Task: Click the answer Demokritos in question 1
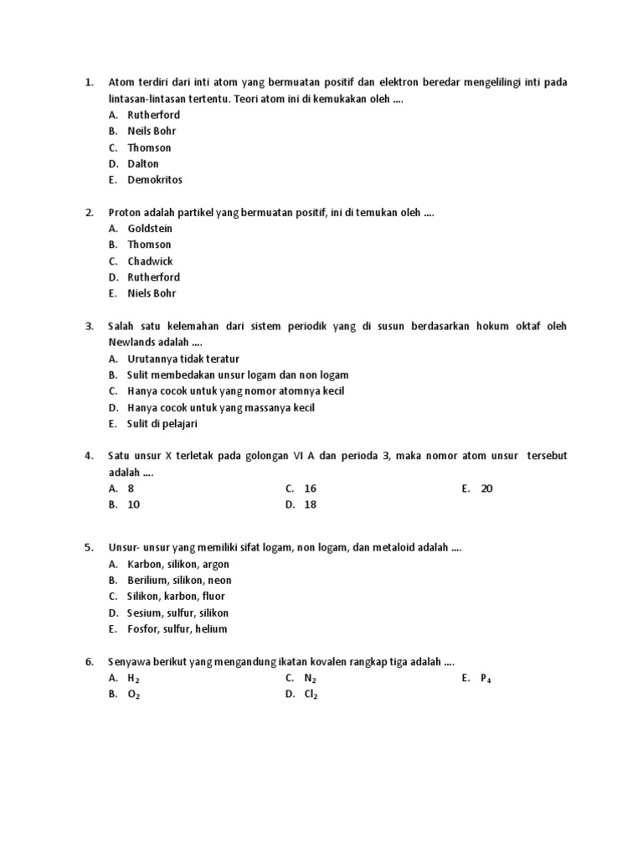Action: [x=154, y=180]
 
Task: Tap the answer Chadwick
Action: [x=150, y=261]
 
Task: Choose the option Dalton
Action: [x=142, y=164]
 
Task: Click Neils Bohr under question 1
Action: [x=152, y=132]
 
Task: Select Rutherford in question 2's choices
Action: [x=153, y=277]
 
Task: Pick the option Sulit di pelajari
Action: [x=162, y=424]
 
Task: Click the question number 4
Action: [x=89, y=456]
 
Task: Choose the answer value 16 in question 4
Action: [x=310, y=488]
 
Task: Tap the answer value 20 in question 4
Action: [x=486, y=488]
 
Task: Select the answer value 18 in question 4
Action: [x=310, y=505]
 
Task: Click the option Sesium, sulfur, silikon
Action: [x=177, y=613]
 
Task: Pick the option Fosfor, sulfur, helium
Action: [x=177, y=629]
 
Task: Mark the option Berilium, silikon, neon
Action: [x=179, y=581]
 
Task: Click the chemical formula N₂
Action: [x=310, y=679]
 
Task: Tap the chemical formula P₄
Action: [x=486, y=679]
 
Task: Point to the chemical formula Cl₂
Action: [x=311, y=695]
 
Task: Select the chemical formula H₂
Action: [x=133, y=679]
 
